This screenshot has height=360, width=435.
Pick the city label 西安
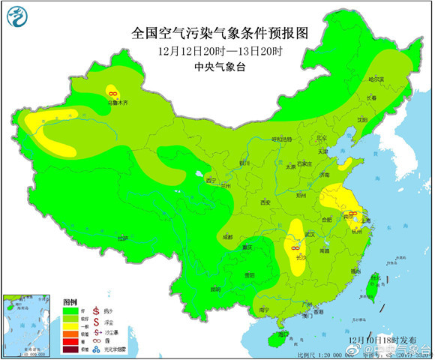click(x=264, y=202)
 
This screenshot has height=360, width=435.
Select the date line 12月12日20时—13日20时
click(x=219, y=51)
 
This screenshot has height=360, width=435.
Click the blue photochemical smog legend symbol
click(x=97, y=349)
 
